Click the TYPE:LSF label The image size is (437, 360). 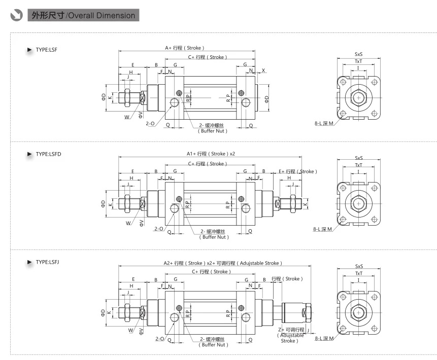46,50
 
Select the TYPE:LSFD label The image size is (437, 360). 48,154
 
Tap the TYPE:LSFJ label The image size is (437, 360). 47,262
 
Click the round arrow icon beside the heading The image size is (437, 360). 16,15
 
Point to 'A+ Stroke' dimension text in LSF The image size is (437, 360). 185,48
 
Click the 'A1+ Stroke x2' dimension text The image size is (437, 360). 211,154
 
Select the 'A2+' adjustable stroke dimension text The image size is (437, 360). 223,263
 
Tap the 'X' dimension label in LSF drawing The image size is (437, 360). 263,70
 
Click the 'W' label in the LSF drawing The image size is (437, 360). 127,117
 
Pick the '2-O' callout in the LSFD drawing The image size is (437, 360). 159,229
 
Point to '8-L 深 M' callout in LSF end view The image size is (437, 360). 324,123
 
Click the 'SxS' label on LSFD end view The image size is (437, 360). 359,158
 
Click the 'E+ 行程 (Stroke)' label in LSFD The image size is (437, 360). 298,171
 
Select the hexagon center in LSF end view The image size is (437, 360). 358,98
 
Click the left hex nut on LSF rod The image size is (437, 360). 127,98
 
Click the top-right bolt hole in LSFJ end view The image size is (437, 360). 374,297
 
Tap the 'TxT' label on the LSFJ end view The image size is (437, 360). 359,273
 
